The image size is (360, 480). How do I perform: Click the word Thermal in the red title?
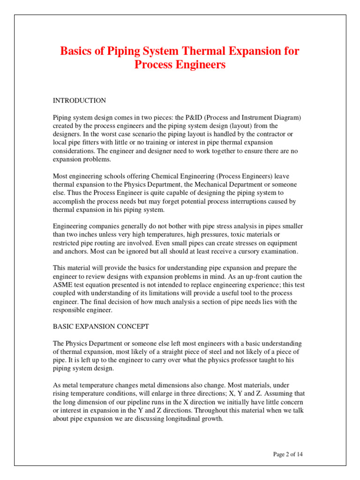[x=197, y=51]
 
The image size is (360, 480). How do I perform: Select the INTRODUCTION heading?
[x=79, y=101]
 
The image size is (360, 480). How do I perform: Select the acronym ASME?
[x=62, y=285]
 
